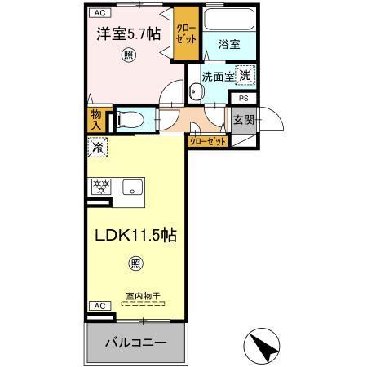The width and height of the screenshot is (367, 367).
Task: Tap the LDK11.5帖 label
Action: pos(135,235)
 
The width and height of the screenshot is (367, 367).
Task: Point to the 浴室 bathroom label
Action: pos(228,46)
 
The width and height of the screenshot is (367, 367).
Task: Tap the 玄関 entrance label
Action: pos(243,121)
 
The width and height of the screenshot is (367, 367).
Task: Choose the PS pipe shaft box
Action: pos(243,98)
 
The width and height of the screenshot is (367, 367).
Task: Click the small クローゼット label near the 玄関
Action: pos(208,141)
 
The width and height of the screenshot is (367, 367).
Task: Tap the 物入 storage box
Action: pos(95,121)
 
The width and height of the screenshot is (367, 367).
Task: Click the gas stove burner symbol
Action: pos(100,186)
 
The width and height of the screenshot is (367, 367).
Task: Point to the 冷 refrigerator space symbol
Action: pos(97,148)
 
